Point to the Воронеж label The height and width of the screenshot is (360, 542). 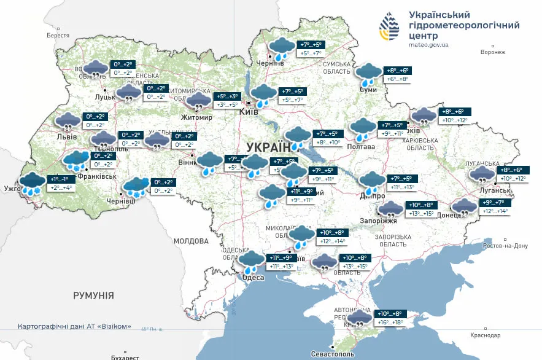click(x=492, y=52)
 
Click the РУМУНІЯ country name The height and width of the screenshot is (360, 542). click(x=93, y=295)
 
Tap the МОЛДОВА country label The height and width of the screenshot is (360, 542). click(x=192, y=241)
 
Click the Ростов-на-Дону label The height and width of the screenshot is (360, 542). click(x=505, y=246)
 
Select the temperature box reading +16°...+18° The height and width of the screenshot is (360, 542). click(x=385, y=322)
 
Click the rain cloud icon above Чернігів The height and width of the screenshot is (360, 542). click(x=282, y=48)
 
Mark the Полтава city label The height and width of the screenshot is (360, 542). click(x=362, y=147)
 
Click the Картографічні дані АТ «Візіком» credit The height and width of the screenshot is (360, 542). click(x=74, y=327)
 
